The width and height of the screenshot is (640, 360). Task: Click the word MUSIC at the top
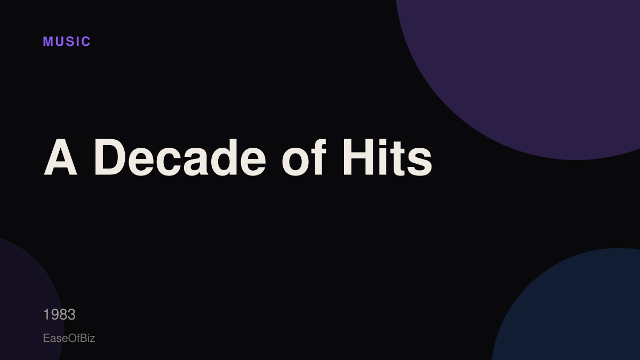(67, 42)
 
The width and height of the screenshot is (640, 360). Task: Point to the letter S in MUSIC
(70, 42)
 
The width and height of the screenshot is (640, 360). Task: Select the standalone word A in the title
(60, 157)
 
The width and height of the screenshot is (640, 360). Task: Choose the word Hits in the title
(388, 157)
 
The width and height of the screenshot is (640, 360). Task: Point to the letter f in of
(319, 157)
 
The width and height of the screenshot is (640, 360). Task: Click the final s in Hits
(419, 162)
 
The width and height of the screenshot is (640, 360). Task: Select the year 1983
(59, 315)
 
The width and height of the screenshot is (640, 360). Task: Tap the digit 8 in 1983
(63, 315)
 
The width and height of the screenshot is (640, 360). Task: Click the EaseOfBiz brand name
(69, 338)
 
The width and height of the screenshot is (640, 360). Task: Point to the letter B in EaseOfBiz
(83, 338)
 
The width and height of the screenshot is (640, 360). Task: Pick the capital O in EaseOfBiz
(73, 338)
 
